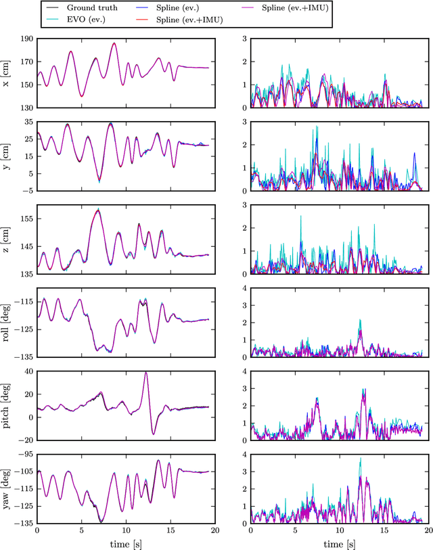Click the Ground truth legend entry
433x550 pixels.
point(92,8)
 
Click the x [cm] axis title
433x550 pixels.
point(7,73)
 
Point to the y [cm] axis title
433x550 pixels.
point(7,156)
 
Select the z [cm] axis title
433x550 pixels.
point(7,239)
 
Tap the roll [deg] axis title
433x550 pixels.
point(7,323)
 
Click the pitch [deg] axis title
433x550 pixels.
point(7,406)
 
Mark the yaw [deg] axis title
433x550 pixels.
point(7,489)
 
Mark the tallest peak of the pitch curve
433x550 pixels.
point(146,373)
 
